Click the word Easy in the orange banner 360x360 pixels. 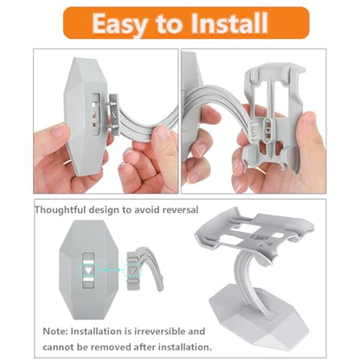tap(119, 23)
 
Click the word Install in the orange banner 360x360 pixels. tap(229, 23)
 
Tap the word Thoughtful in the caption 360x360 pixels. tap(60, 209)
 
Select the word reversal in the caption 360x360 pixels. tap(180, 209)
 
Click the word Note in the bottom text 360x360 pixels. tap(55, 331)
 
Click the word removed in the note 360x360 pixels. tap(112, 347)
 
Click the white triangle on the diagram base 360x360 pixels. tap(88, 271)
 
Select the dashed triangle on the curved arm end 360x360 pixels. tap(133, 271)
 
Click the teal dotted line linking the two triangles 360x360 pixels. tap(112, 270)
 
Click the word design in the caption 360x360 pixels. tap(103, 210)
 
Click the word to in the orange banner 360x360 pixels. tap(169, 24)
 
